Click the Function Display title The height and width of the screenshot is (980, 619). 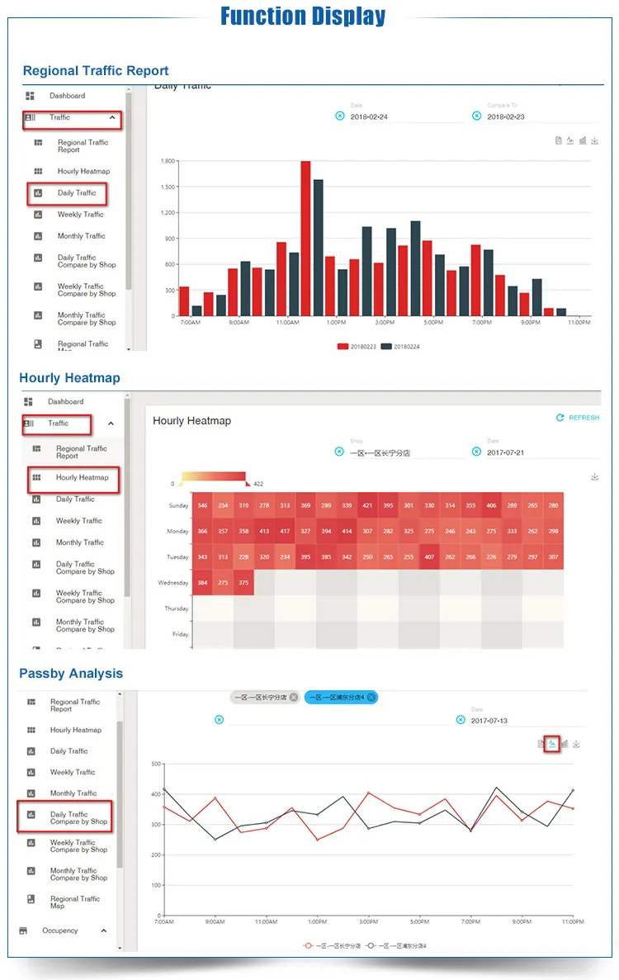[303, 17]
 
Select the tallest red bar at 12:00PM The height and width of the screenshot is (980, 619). [305, 238]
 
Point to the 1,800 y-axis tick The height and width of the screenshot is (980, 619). [168, 161]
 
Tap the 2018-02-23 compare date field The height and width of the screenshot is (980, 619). [506, 117]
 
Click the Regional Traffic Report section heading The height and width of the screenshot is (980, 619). [96, 71]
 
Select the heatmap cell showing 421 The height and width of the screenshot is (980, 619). [367, 505]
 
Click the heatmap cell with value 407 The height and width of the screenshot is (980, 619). [429, 557]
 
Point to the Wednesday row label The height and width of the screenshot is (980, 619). [172, 583]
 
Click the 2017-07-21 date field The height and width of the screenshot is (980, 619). [505, 452]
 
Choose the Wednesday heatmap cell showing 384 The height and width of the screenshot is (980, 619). [202, 583]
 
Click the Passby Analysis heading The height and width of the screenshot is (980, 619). [71, 674]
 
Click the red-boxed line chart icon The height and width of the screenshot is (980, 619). [552, 744]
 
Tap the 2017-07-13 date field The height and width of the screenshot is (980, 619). [489, 721]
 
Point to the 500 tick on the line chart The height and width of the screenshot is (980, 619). [156, 764]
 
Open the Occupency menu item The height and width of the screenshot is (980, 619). [60, 930]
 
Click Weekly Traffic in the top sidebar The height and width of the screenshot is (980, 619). [81, 215]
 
